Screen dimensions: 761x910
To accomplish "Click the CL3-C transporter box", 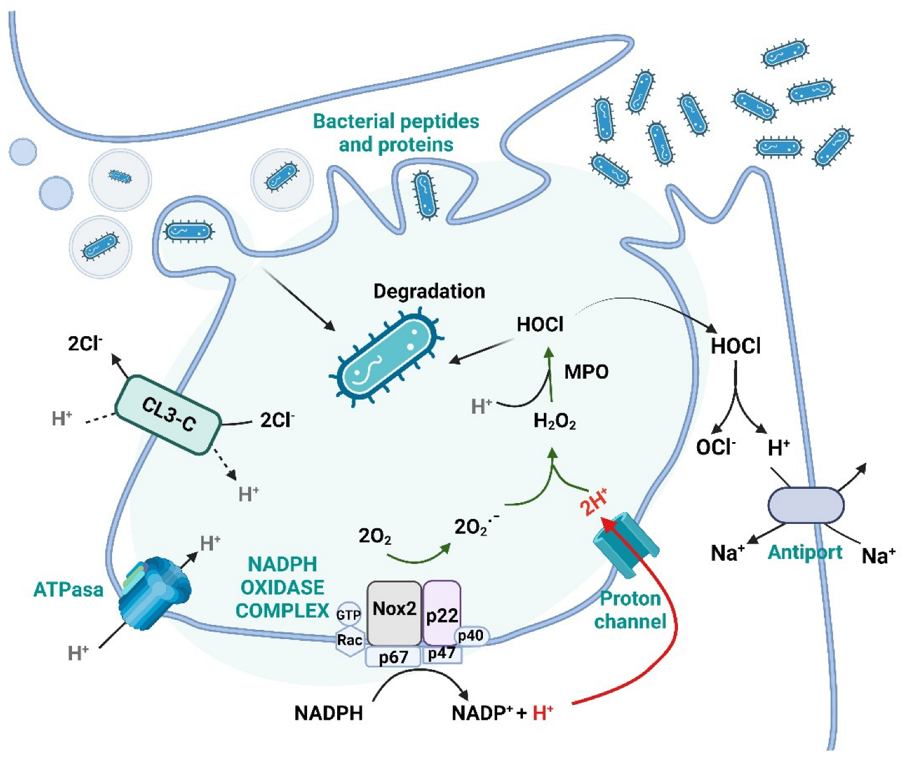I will [x=168, y=414].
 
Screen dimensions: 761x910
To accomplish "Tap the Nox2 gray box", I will [x=394, y=611].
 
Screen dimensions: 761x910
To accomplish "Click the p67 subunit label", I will [x=393, y=657].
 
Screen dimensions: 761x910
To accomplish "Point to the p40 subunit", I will [x=471, y=636].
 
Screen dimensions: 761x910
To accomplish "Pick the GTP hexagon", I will [x=348, y=614].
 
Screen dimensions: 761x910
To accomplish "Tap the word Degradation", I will [x=429, y=291].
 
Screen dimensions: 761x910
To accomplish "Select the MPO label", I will [x=586, y=372].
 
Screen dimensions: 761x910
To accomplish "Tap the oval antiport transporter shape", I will [x=805, y=506].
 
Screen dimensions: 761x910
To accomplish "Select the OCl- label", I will [x=716, y=447].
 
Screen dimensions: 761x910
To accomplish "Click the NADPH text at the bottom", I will [x=329, y=713].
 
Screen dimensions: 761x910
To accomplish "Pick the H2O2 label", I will [x=554, y=422].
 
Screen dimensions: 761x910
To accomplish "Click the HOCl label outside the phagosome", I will [x=735, y=346].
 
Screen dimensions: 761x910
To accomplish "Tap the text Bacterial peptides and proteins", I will [x=396, y=132].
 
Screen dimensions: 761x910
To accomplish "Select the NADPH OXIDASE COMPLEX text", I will [x=282, y=587].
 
